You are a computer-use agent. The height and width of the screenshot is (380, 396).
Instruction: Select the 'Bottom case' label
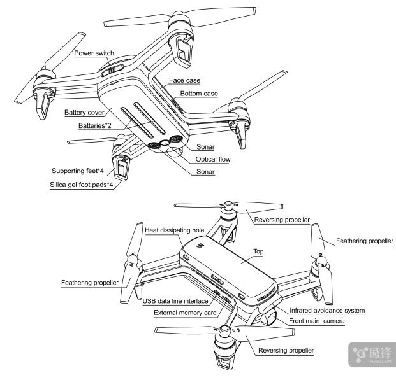click(199, 94)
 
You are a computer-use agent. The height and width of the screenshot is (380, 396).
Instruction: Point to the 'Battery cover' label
click(84, 113)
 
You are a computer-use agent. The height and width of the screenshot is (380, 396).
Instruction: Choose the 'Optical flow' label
click(214, 159)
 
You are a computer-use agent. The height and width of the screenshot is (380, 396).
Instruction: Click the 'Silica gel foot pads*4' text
click(81, 185)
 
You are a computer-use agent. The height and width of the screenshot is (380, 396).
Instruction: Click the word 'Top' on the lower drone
click(258, 251)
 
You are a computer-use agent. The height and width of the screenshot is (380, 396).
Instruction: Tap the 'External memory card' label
click(186, 313)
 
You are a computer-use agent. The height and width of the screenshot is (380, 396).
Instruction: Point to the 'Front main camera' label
click(316, 322)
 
